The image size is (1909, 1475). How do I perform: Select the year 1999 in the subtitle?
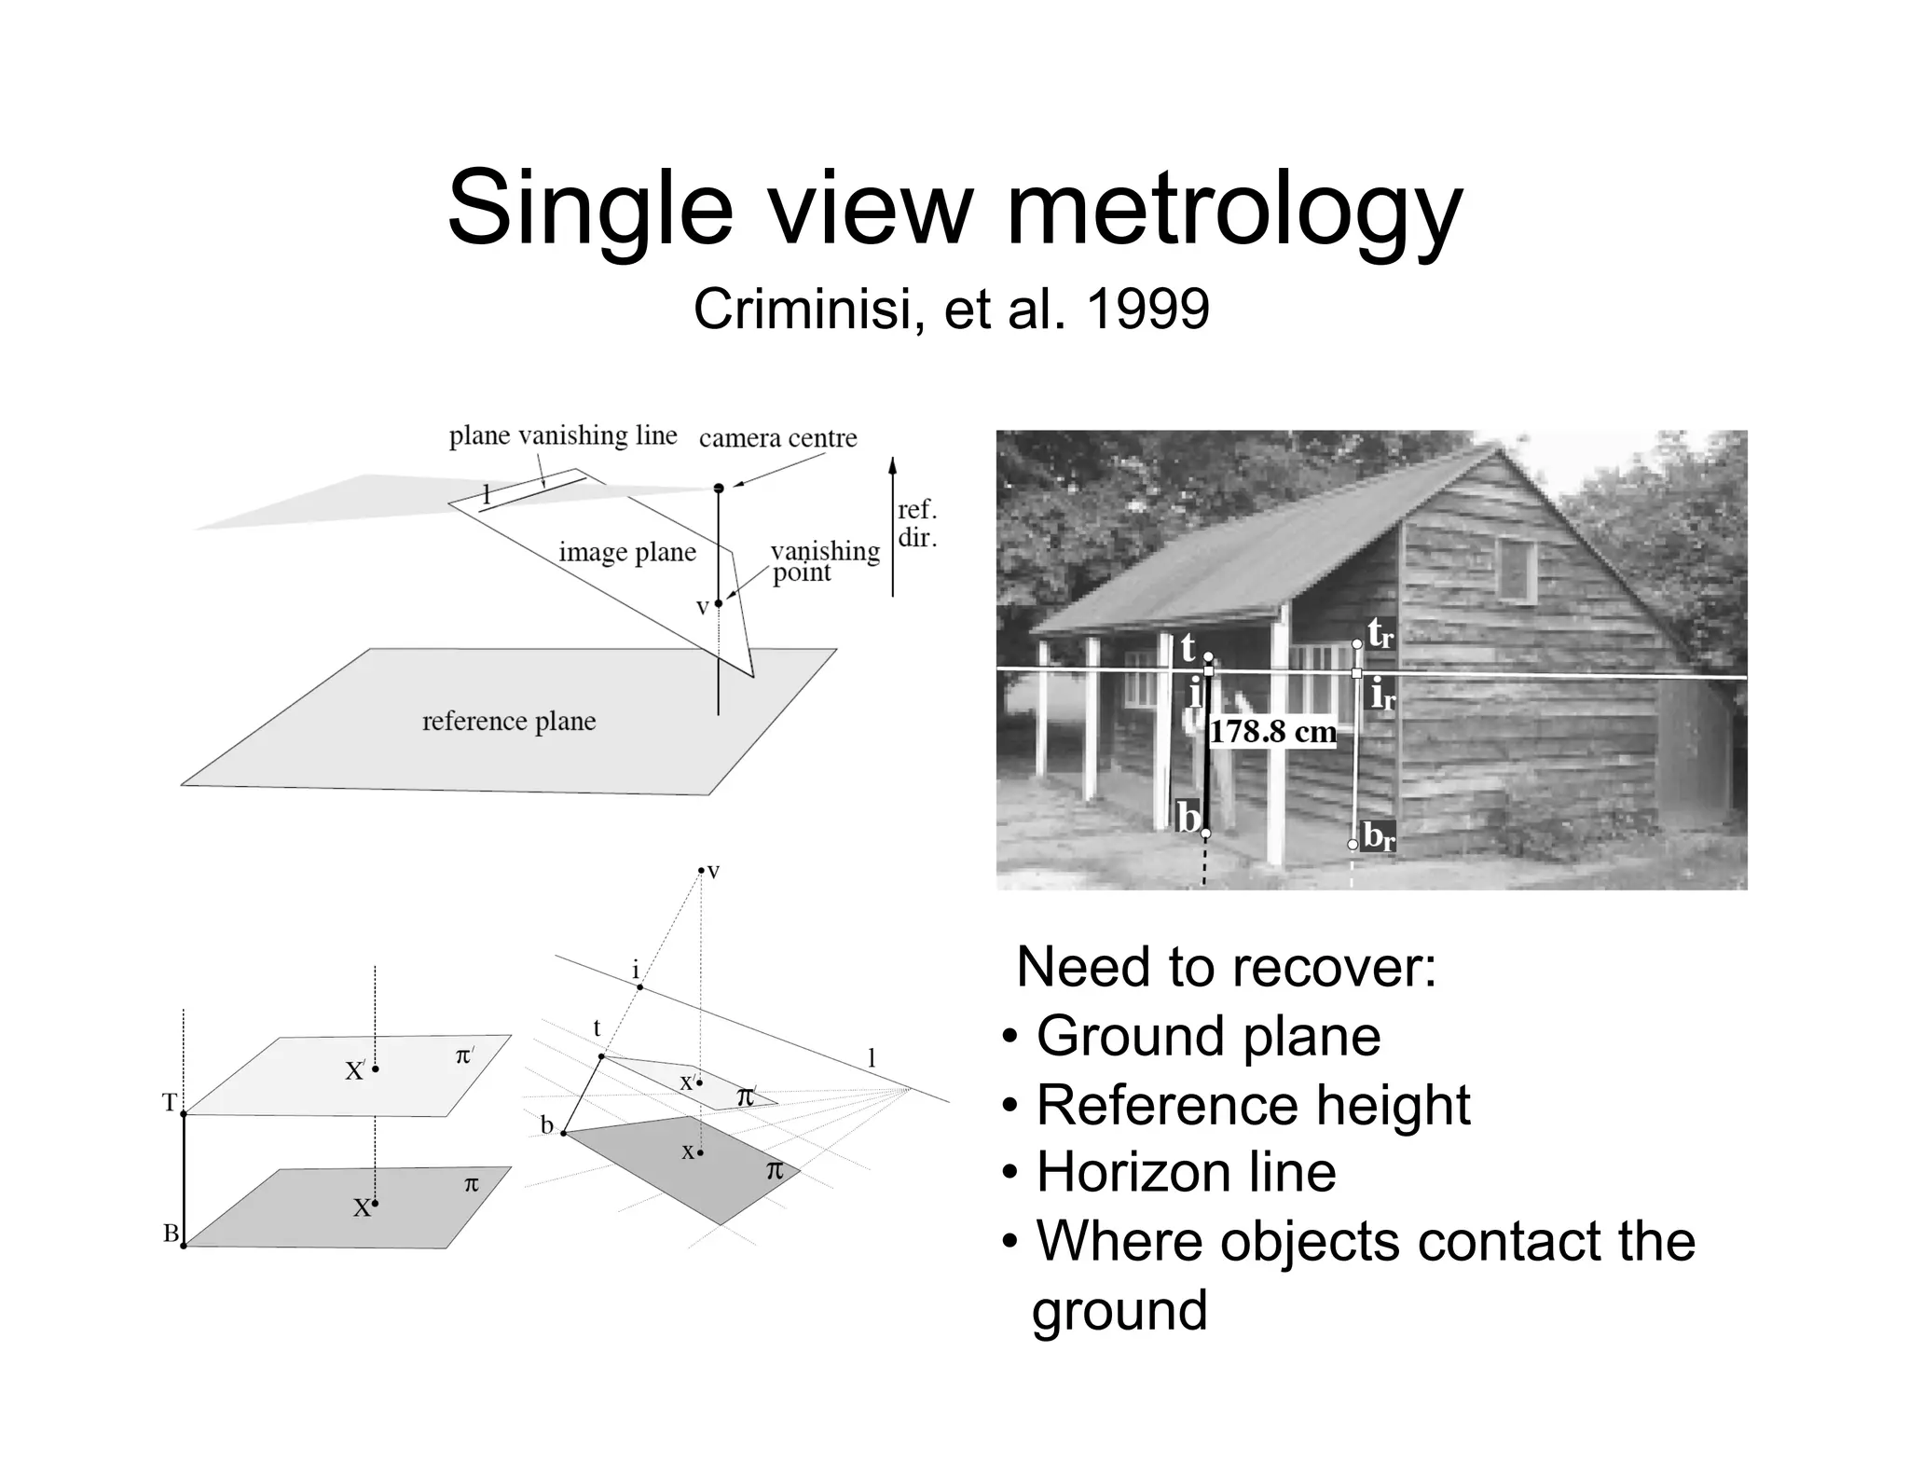click(1147, 310)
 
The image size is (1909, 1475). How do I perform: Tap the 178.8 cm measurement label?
click(1272, 732)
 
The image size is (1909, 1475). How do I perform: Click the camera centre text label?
click(777, 438)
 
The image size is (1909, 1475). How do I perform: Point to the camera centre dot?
click(719, 488)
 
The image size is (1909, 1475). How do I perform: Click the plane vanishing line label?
click(563, 435)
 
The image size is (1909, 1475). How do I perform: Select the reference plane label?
click(509, 721)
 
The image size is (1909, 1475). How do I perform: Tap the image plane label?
click(627, 552)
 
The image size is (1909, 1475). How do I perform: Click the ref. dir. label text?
click(917, 524)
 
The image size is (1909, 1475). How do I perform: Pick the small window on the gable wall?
click(1518, 570)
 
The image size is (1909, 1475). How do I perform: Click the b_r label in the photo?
click(1379, 836)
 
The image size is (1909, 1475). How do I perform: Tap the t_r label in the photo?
click(1380, 634)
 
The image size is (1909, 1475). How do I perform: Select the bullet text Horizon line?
click(1186, 1172)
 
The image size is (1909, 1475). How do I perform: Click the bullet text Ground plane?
click(1208, 1036)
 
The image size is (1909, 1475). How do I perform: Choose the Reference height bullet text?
click(1253, 1105)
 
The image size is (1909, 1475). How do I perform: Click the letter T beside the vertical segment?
click(170, 1103)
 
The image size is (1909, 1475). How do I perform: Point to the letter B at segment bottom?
click(171, 1234)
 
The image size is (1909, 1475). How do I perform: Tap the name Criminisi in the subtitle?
click(808, 310)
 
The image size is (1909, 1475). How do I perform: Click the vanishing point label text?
click(825, 561)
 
